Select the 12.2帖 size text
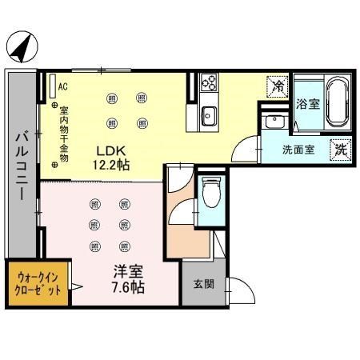tap(113, 165)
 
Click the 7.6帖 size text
tap(127, 287)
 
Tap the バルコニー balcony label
tap(22, 171)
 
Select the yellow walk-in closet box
tap(38, 284)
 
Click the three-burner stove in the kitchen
tap(208, 82)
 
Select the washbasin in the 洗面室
tap(275, 123)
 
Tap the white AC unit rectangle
tap(52, 86)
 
